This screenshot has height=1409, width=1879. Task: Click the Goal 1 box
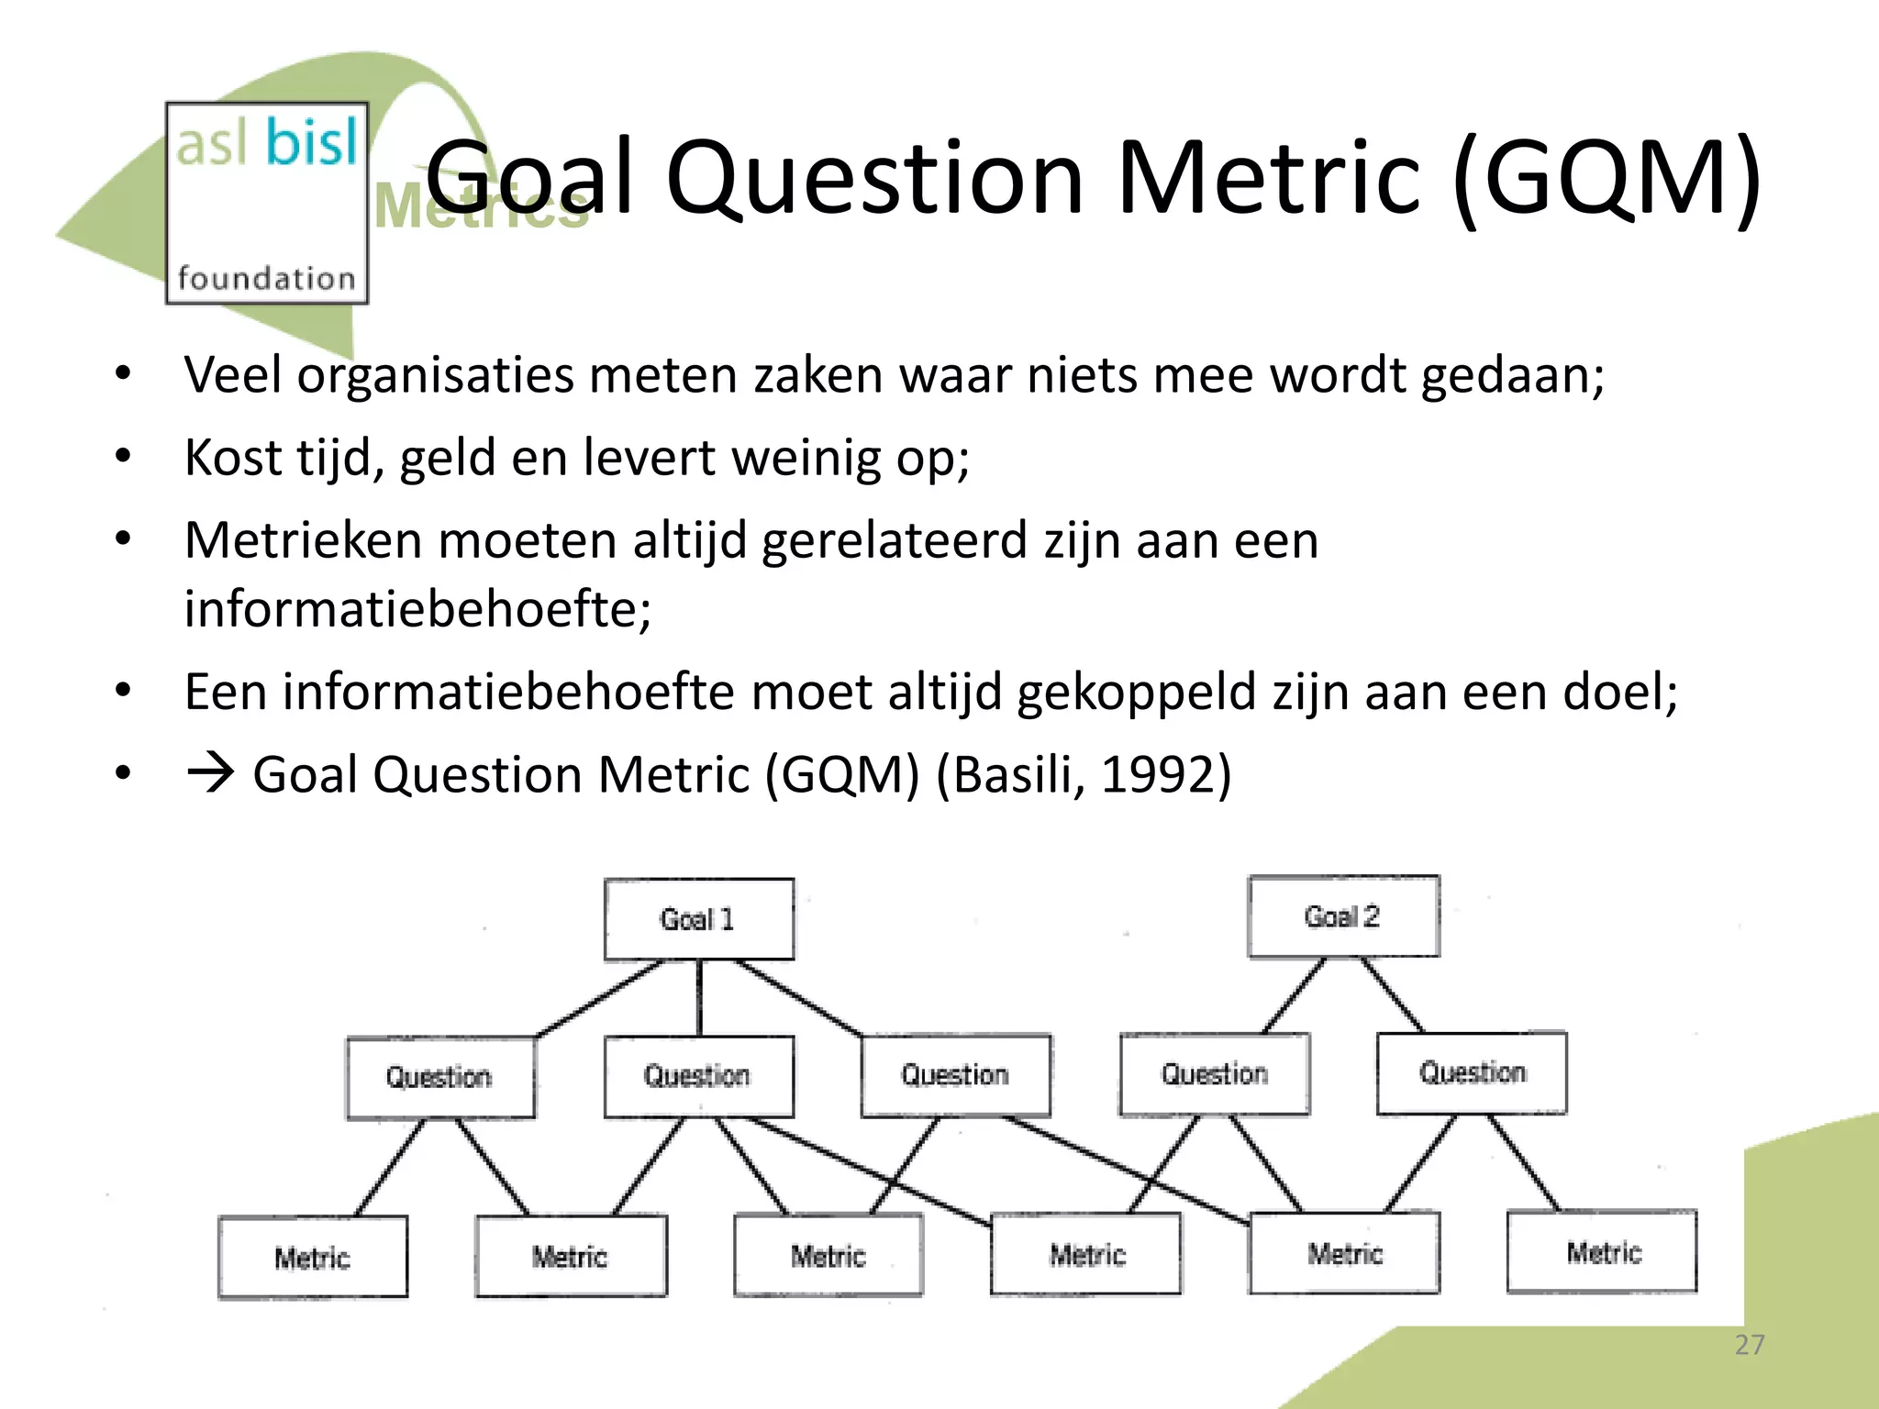click(699, 919)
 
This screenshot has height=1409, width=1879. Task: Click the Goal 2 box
click(1343, 916)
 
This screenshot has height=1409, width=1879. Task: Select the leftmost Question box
click(440, 1077)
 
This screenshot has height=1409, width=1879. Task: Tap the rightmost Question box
click(1472, 1072)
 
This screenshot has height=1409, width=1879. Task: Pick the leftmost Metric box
click(313, 1257)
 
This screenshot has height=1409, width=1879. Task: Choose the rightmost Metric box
click(1602, 1252)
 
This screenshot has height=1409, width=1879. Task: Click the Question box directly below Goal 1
click(698, 1075)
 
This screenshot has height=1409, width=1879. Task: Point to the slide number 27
click(1749, 1345)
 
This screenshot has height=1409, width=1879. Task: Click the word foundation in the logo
click(266, 278)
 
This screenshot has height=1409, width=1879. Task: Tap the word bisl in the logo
click(312, 144)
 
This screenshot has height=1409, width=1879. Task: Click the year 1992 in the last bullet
click(1158, 775)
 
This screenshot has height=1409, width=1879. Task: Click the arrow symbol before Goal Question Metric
click(210, 773)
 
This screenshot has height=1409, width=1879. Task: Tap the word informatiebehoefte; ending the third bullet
click(417, 609)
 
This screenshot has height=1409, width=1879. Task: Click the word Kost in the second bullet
click(231, 458)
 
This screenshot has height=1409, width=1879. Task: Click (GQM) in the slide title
click(1607, 176)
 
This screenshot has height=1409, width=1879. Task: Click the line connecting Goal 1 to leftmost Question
click(599, 999)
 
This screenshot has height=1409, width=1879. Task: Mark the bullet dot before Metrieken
click(123, 539)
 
